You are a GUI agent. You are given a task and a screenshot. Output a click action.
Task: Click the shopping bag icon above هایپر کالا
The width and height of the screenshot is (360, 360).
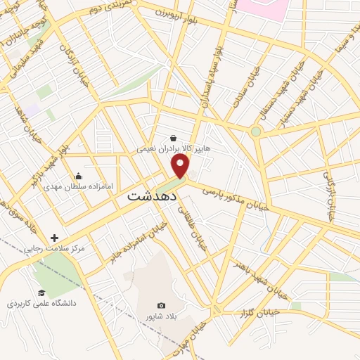point(174,138)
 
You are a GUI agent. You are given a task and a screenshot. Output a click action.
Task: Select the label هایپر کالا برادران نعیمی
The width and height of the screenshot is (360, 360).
point(173,149)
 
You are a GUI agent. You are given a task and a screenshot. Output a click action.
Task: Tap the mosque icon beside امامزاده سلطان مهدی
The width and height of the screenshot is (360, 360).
point(77,176)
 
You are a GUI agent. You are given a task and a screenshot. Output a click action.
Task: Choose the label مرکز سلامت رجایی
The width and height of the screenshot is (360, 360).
point(55,248)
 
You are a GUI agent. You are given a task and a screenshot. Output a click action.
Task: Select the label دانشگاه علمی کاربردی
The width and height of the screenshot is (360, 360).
point(41,304)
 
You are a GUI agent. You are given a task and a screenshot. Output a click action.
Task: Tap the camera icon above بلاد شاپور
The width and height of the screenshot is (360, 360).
point(162,305)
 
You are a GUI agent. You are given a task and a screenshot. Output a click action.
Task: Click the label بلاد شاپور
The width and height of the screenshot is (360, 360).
point(162,316)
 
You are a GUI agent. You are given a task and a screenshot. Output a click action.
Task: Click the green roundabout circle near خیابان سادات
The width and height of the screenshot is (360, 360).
point(256,131)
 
